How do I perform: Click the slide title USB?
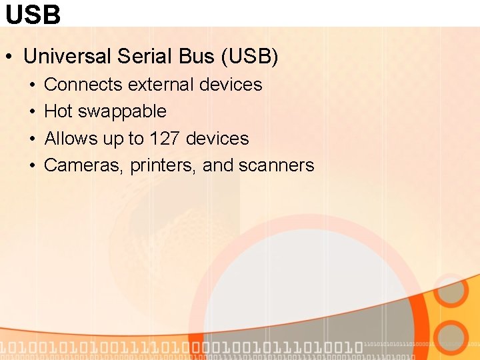[33, 14]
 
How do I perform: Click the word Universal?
[67, 57]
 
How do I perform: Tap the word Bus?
[196, 57]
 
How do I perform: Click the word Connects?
[83, 85]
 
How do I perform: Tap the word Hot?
[58, 111]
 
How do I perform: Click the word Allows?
[71, 139]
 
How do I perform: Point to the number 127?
[164, 139]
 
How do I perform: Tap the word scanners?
[276, 165]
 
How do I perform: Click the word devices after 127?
[217, 139]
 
